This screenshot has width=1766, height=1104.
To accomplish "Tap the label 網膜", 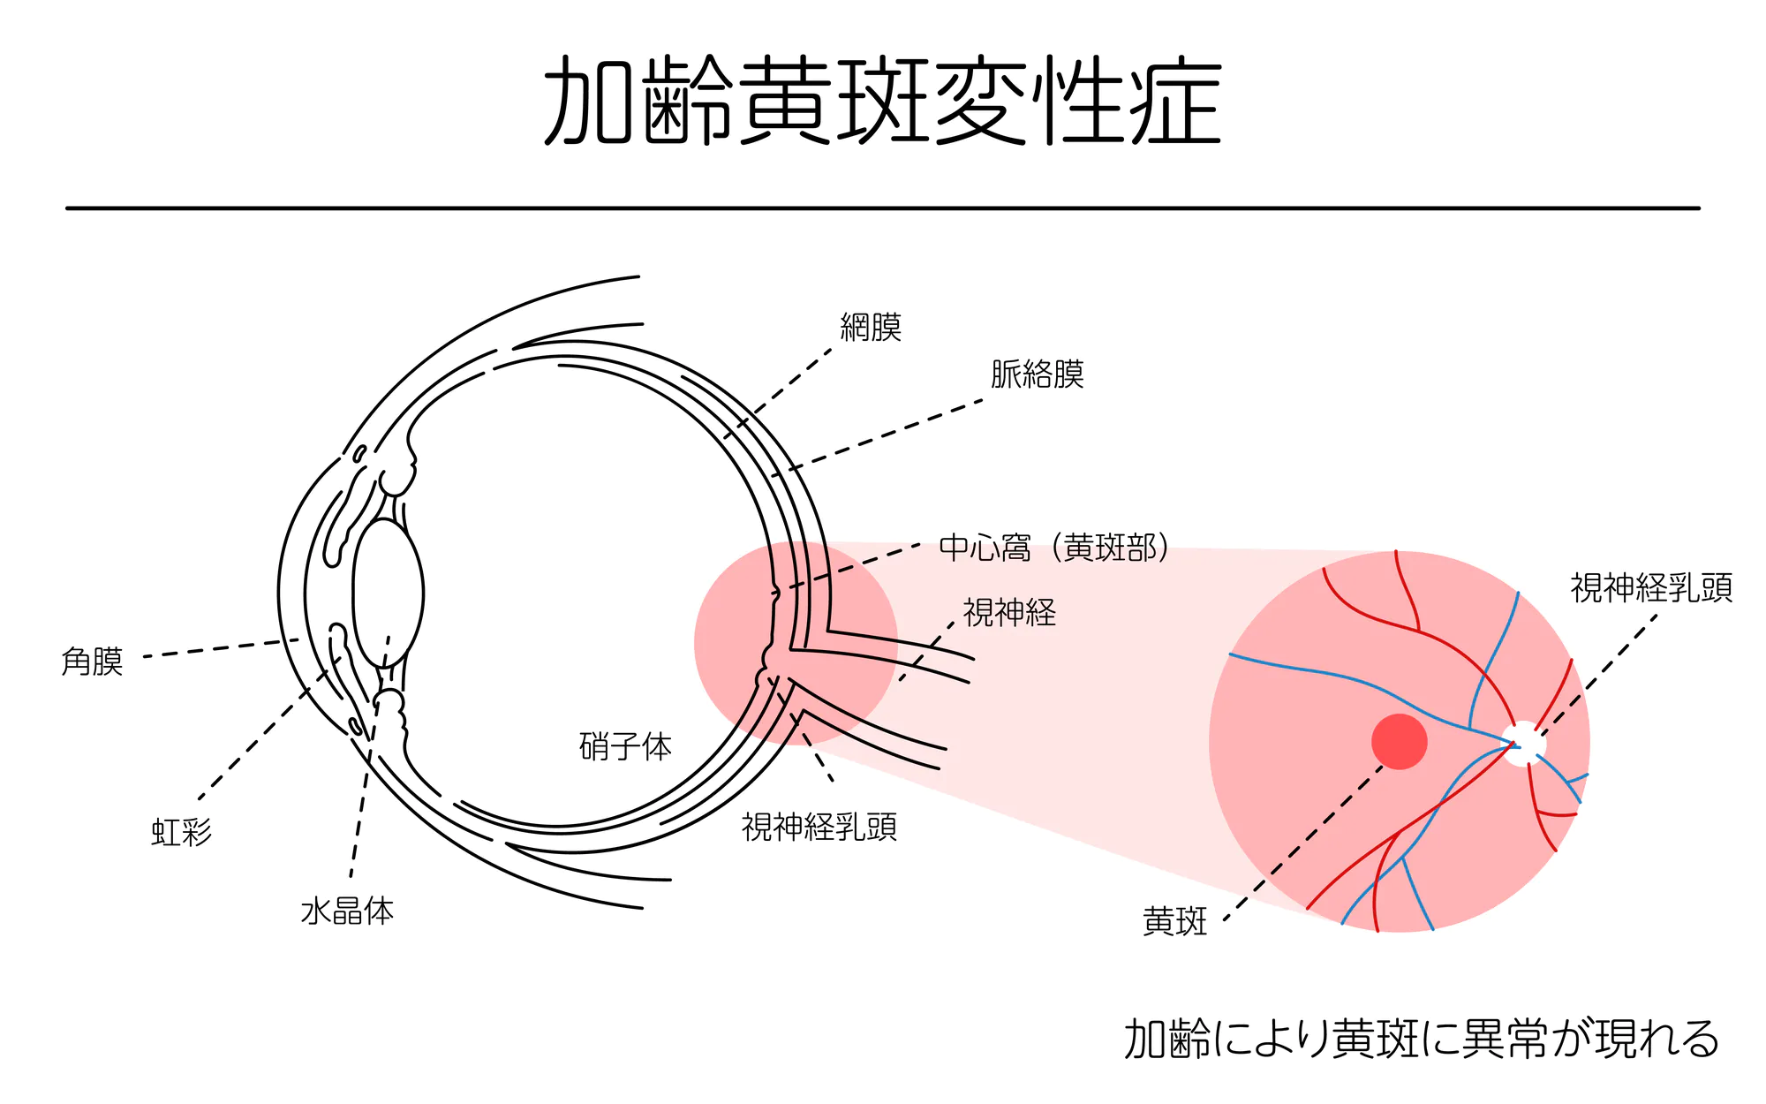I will [871, 328].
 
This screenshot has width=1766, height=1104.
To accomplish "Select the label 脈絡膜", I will [1037, 374].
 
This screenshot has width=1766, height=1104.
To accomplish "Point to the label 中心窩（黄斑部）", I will [1054, 548].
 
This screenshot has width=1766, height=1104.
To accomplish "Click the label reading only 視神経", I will [1009, 613].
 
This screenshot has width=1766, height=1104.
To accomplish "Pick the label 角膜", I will [92, 662].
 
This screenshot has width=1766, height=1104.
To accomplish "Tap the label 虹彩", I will [182, 832].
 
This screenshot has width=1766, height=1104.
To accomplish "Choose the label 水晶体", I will [347, 911].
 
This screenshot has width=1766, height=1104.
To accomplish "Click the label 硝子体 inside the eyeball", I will [625, 747].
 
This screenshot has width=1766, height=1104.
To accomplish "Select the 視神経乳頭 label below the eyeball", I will [819, 828].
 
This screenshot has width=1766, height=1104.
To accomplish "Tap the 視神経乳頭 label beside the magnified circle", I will [1651, 588].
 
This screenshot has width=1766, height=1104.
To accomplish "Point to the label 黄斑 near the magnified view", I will [1174, 921].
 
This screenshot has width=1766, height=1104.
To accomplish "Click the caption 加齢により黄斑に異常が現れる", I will [1421, 1039].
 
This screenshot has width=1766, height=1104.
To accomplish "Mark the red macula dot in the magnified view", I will [1400, 742].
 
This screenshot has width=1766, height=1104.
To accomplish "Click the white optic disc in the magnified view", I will [1524, 744].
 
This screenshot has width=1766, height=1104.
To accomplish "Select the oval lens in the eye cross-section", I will [388, 593].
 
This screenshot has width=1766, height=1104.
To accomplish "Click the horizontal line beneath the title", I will [883, 208].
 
